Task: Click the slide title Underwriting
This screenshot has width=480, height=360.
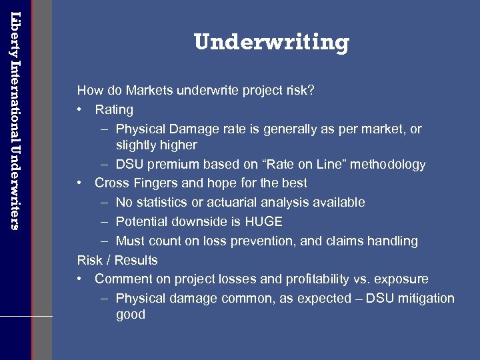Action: coord(271,43)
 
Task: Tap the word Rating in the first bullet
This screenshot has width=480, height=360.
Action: coord(114,109)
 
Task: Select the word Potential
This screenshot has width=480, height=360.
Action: coord(143,221)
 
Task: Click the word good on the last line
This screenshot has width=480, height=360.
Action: coord(131,315)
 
